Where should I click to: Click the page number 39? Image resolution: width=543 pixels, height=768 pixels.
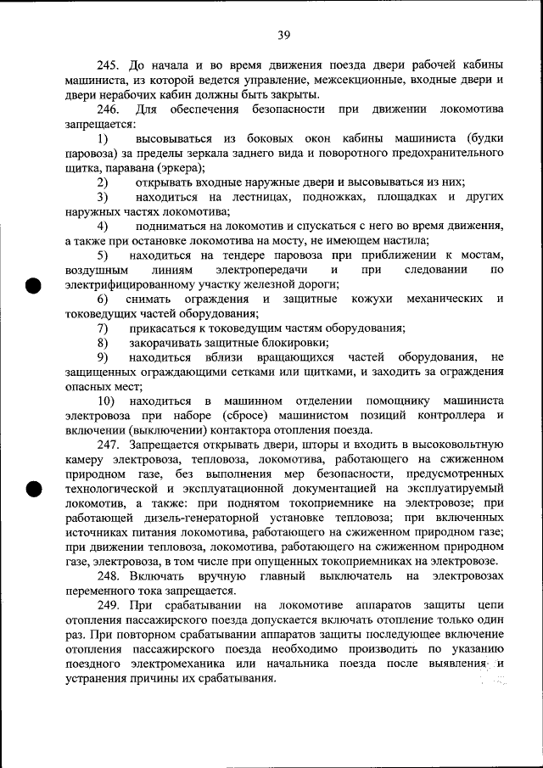point(283,34)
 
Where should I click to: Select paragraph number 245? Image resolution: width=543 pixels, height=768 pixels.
point(108,65)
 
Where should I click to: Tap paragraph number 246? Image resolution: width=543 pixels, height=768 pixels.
point(108,109)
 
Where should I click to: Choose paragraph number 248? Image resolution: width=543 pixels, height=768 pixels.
point(108,576)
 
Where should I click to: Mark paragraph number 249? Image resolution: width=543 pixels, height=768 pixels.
point(108,605)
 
